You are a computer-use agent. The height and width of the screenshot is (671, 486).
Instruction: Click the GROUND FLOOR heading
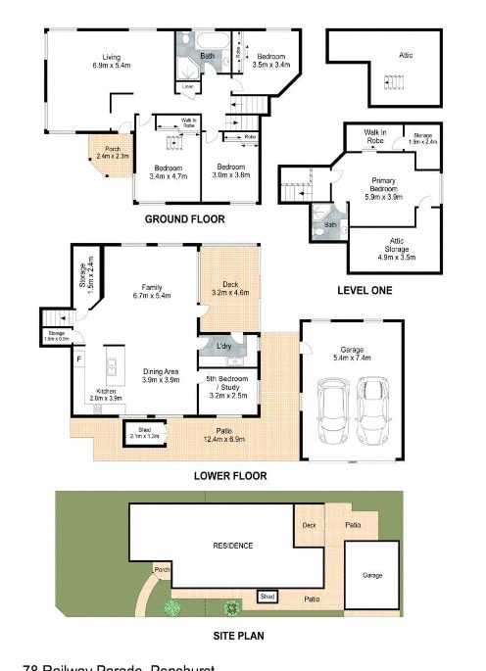184,219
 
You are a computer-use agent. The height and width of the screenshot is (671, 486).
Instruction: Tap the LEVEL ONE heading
364,291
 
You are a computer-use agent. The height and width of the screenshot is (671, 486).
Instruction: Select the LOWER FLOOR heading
231,476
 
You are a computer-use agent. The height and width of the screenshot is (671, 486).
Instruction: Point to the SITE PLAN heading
239,636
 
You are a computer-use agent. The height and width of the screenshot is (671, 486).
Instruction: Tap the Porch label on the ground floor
113,152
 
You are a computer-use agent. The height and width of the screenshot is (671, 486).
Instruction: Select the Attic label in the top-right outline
406,56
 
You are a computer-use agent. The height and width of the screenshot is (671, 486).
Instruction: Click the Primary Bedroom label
389,186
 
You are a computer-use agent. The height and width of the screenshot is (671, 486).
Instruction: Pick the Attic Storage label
396,252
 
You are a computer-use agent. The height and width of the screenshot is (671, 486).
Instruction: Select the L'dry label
224,348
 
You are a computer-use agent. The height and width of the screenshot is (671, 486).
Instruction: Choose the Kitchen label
106,395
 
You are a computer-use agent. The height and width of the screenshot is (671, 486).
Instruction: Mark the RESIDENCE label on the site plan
233,546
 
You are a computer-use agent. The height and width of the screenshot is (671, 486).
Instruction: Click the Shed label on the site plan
266,596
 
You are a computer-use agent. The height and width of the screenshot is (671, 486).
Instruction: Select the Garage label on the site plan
372,575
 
